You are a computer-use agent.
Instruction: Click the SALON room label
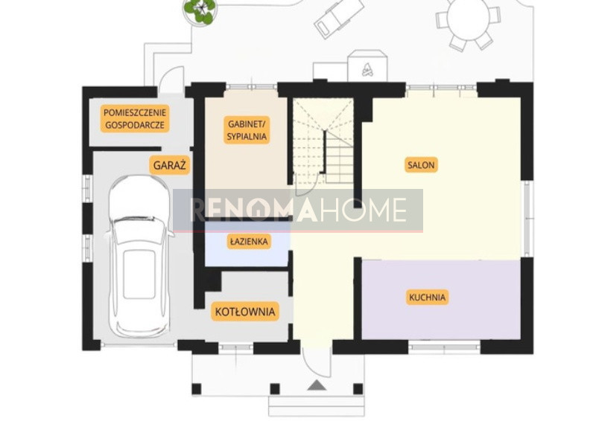pyautogui.click(x=421, y=165)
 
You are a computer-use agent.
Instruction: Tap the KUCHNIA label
pyautogui.click(x=427, y=298)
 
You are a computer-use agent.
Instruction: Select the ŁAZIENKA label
pyautogui.click(x=249, y=241)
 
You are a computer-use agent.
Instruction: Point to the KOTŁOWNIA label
pyautogui.click(x=245, y=312)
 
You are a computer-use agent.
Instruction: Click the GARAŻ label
pyautogui.click(x=170, y=165)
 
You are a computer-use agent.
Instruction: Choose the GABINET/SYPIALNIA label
pyautogui.click(x=247, y=130)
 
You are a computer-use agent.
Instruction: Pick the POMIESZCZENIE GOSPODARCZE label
pyautogui.click(x=135, y=118)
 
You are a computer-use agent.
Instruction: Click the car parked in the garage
pyautogui.click(x=139, y=256)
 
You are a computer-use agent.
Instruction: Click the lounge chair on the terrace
pyautogui.click(x=339, y=17)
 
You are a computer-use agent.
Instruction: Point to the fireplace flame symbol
pyautogui.click(x=367, y=69)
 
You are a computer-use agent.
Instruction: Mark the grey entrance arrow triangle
pyautogui.click(x=317, y=385)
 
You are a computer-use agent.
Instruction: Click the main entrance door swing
pyautogui.click(x=317, y=362)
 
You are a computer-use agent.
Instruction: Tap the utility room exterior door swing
pyautogui.click(x=171, y=80)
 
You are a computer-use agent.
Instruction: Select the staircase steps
pyautogui.click(x=323, y=141)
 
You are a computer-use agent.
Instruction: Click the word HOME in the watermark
pyautogui.click(x=363, y=210)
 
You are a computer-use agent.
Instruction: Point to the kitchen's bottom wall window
pyautogui.click(x=444, y=346)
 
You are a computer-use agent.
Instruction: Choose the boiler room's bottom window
pyautogui.click(x=236, y=347)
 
